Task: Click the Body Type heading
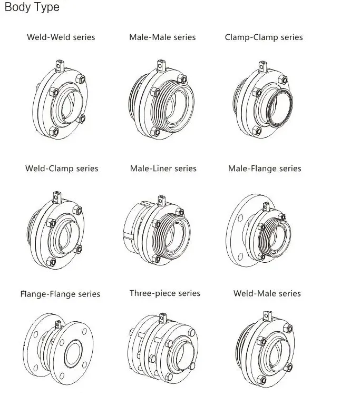point(32,8)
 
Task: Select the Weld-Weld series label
point(61,37)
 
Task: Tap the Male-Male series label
point(162,37)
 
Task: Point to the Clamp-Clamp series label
point(264,37)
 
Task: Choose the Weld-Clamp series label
point(62,169)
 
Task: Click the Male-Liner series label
point(163,169)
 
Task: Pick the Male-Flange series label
point(265,169)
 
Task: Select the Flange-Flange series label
point(60,294)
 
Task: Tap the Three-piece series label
point(165,293)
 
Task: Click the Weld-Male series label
point(267,293)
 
